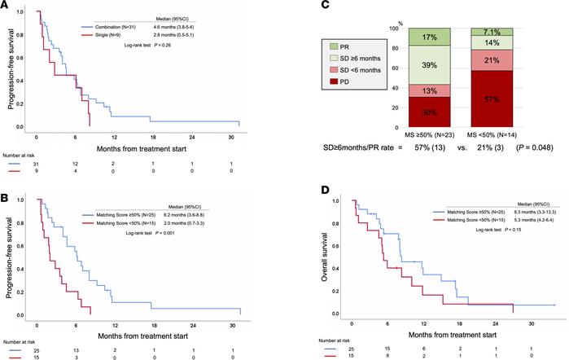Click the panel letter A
pyautogui.click(x=6, y=7)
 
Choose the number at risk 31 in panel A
pyautogui.click(x=35, y=162)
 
